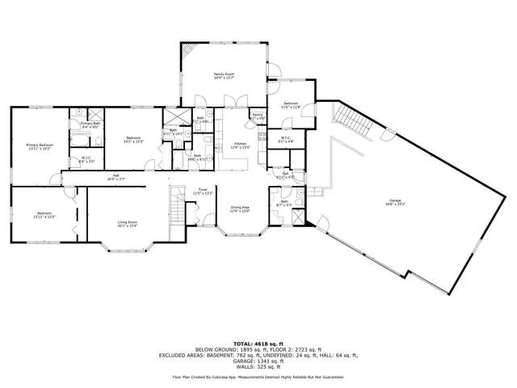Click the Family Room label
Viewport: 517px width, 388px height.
tap(223, 75)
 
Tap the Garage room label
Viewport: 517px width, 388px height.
tap(395, 202)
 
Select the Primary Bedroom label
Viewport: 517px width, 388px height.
tap(39, 147)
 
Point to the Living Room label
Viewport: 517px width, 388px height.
tap(128, 223)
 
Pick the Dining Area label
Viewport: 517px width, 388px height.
tap(239, 209)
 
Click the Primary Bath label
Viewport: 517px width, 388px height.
tap(90, 124)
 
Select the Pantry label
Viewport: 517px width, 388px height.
tap(258, 116)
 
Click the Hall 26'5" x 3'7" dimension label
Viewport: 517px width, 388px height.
tap(116, 177)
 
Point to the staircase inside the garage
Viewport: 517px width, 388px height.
tap(354, 121)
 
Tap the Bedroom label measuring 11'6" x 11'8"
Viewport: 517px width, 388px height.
tap(291, 105)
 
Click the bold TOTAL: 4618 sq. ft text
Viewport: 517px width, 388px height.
tap(258, 343)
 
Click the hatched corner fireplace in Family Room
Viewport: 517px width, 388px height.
tap(187, 52)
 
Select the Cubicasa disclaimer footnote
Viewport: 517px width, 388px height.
tap(258, 377)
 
